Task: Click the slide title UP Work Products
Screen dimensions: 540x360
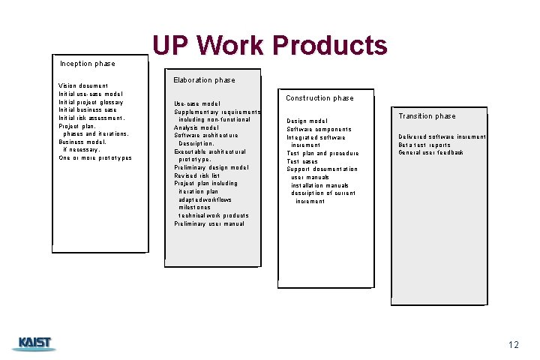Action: tap(270, 46)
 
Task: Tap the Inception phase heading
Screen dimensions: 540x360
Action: tap(87, 64)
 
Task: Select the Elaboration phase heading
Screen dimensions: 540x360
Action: tap(204, 80)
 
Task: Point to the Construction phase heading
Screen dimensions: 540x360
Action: tap(319, 98)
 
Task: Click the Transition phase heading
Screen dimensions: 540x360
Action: tap(427, 116)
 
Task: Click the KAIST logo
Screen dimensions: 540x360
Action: tap(34, 343)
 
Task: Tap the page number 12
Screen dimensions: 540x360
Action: tap(513, 345)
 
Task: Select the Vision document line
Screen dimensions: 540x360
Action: tap(83, 86)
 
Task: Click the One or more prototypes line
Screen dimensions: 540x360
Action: tap(95, 158)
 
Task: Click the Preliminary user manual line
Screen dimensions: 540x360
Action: tap(209, 223)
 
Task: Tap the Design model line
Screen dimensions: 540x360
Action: tap(307, 121)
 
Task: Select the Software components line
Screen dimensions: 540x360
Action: tap(319, 129)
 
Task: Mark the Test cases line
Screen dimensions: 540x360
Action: tap(302, 161)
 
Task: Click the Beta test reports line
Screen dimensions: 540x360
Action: tap(424, 145)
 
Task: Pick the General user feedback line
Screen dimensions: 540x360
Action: tap(430, 153)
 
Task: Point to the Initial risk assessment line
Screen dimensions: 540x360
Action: tap(91, 118)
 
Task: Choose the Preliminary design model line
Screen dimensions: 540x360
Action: tap(211, 167)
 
